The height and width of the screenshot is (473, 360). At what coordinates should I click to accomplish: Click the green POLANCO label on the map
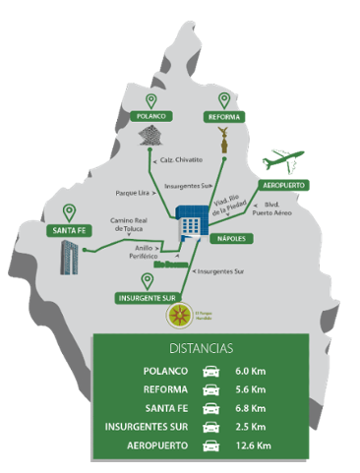(152, 116)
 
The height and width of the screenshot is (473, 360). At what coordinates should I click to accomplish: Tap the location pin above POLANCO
(151, 101)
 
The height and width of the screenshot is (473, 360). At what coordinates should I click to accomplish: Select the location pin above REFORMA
(224, 100)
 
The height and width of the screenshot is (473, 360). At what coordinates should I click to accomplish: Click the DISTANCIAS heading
(201, 348)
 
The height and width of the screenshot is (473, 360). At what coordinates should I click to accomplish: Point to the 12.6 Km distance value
(252, 444)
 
